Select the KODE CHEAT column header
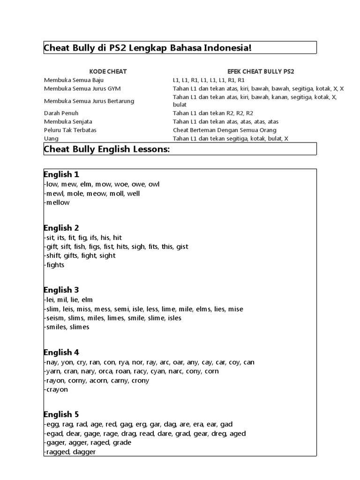coord(108,72)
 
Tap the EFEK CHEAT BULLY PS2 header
coord(261,72)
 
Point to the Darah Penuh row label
coord(61,113)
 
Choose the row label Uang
coord(51,138)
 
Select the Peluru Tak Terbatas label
coord(70,130)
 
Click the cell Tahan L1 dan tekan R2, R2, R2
coord(213,113)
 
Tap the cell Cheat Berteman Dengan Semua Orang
coord(225,130)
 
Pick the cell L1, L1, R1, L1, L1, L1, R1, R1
coord(209,80)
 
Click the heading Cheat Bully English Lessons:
coord(106,150)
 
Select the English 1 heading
coord(61,175)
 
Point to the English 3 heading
coord(61,290)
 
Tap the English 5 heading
coord(61,414)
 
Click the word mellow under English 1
coord(58,202)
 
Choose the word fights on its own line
coord(55,265)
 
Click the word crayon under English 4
coord(57,390)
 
